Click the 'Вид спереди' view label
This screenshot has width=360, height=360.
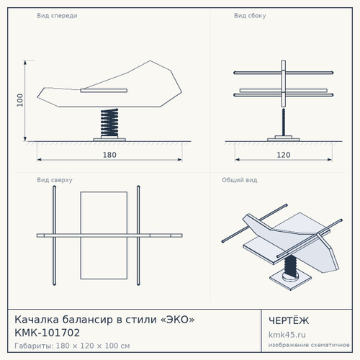57,16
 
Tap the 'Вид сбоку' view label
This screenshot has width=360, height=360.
250,16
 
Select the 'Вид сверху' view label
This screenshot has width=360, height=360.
55,180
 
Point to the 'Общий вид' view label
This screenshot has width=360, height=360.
240,180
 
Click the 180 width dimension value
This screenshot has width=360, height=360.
109,155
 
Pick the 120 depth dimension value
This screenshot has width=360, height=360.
284,155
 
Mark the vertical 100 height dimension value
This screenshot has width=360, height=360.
20,100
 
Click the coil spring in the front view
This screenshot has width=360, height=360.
109,123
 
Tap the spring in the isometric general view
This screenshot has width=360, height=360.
291,266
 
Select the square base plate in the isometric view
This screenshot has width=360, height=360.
290,279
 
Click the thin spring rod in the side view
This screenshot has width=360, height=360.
284,122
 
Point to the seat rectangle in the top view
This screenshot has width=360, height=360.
104,235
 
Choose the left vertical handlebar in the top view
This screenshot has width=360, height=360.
54,235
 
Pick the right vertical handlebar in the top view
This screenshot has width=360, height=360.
138,235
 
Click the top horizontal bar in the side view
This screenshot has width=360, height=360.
284,73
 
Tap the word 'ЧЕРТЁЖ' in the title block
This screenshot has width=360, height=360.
289,320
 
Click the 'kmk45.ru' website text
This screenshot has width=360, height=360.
287,335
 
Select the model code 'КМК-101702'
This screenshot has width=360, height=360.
48,333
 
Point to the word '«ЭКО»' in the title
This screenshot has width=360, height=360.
177,320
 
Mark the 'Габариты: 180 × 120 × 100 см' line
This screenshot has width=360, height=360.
72,346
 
